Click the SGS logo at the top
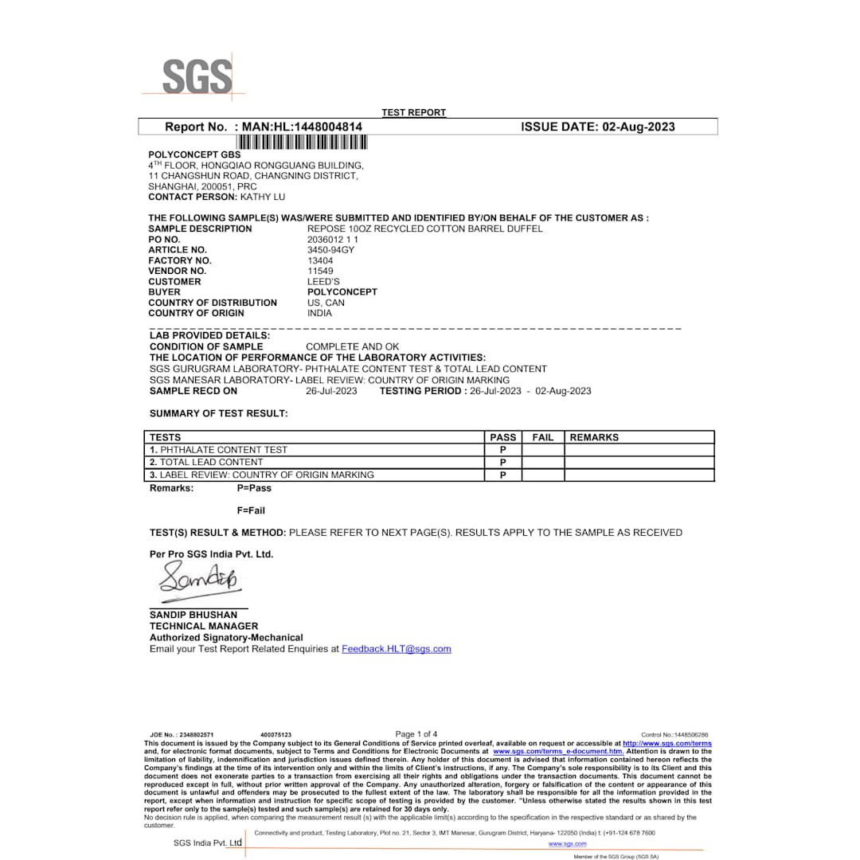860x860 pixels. click(x=197, y=77)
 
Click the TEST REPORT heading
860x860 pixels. click(x=414, y=112)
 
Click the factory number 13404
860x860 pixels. click(x=320, y=260)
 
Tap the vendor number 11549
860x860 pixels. click(x=320, y=271)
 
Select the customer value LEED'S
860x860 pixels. click(x=323, y=282)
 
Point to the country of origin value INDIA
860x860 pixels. click(x=319, y=313)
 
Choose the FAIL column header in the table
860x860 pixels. click(x=543, y=437)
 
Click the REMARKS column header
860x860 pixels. click(x=594, y=437)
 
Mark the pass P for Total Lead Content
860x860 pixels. click(x=503, y=463)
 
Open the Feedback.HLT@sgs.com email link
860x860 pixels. click(x=397, y=649)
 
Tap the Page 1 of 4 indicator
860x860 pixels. click(x=416, y=734)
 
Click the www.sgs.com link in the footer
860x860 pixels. click(x=568, y=843)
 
